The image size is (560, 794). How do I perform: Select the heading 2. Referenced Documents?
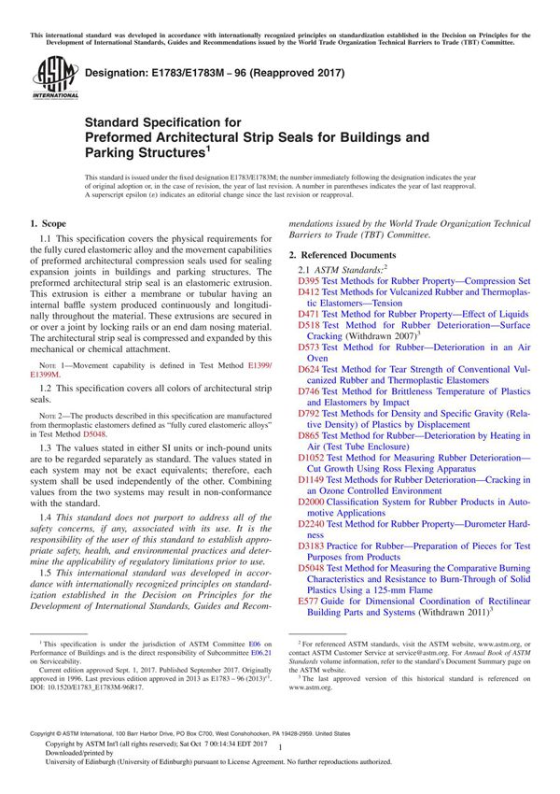pyautogui.click(x=343, y=255)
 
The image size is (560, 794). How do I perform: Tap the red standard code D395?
pyautogui.click(x=308, y=280)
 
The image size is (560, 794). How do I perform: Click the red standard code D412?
pyautogui.click(x=308, y=292)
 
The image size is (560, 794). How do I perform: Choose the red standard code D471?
pyautogui.click(x=308, y=316)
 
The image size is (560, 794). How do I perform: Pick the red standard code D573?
pyautogui.click(x=308, y=347)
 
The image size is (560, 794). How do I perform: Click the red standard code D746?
pyautogui.click(x=308, y=391)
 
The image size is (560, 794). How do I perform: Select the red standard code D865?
pyautogui.click(x=308, y=436)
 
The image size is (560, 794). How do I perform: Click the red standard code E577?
pyautogui.click(x=308, y=603)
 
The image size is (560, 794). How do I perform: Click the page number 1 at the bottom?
pyautogui.click(x=279, y=762)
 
